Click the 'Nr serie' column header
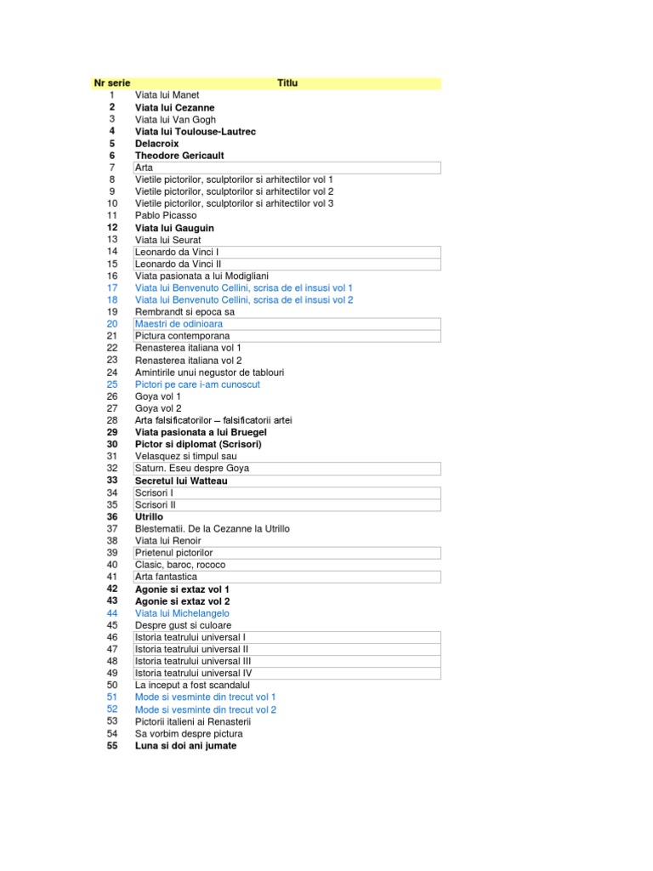coord(111,83)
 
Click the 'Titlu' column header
coord(287,83)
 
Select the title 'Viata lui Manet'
coord(168,95)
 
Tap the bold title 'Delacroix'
coord(157,144)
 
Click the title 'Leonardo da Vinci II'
coord(178,264)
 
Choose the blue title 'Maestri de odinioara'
coord(179,324)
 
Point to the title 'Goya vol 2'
coord(158,408)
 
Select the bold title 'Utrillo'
coord(149,516)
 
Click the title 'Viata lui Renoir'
coord(168,540)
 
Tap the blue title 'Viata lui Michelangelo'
coord(182,612)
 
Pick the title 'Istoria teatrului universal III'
coord(194,661)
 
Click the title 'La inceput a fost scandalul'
coord(192,685)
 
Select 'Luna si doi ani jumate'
coord(185,745)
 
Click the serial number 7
coord(111,168)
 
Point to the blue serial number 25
coord(111,384)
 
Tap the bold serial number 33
coord(111,481)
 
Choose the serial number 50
coord(111,685)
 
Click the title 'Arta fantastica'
coord(166,577)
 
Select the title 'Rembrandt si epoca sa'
coord(185,312)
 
